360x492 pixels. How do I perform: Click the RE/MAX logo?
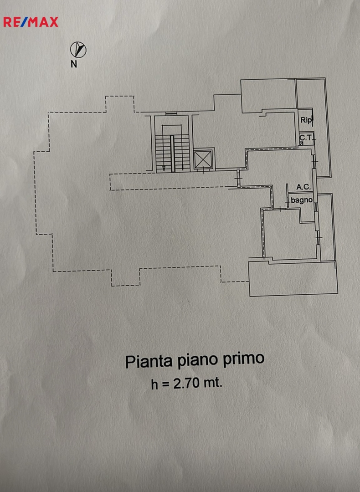[31, 22]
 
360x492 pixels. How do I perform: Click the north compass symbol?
[78, 50]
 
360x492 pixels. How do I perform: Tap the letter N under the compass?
[74, 64]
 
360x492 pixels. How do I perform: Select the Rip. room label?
[306, 120]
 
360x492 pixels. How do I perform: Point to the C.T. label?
[306, 138]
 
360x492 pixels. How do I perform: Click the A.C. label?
[303, 187]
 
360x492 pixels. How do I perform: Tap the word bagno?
[302, 200]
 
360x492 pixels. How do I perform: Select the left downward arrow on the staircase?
[164, 168]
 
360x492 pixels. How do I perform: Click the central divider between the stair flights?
[172, 154]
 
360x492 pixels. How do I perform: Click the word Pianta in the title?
[149, 361]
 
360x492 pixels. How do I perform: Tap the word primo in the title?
[243, 359]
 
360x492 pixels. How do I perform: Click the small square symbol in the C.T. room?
[302, 143]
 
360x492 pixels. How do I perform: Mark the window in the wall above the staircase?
[171, 113]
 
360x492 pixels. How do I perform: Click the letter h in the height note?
[154, 384]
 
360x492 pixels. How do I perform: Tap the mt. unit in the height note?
[213, 383]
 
